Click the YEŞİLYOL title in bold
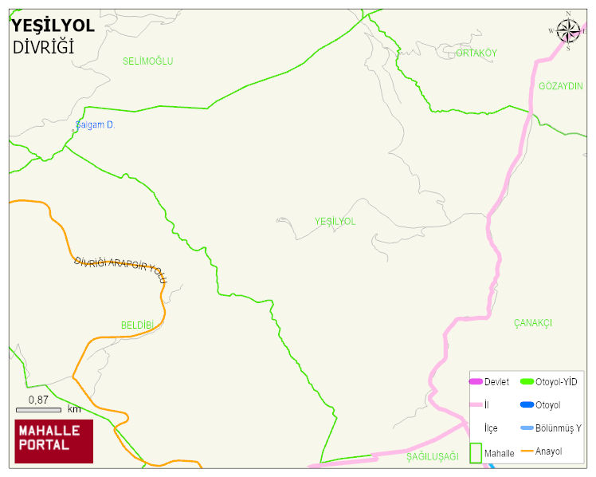[53, 26]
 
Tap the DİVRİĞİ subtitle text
[43, 47]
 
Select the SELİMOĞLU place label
[147, 61]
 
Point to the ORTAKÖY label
[476, 53]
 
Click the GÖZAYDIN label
[561, 86]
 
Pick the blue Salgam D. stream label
[96, 125]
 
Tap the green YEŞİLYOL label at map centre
[335, 221]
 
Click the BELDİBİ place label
[136, 325]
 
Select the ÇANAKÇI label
[533, 323]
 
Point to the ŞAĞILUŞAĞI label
[433, 456]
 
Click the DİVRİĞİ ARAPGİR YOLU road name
[120, 271]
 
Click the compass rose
[568, 30]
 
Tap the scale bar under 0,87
[38, 410]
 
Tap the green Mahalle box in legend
[476, 453]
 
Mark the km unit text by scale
[74, 409]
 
